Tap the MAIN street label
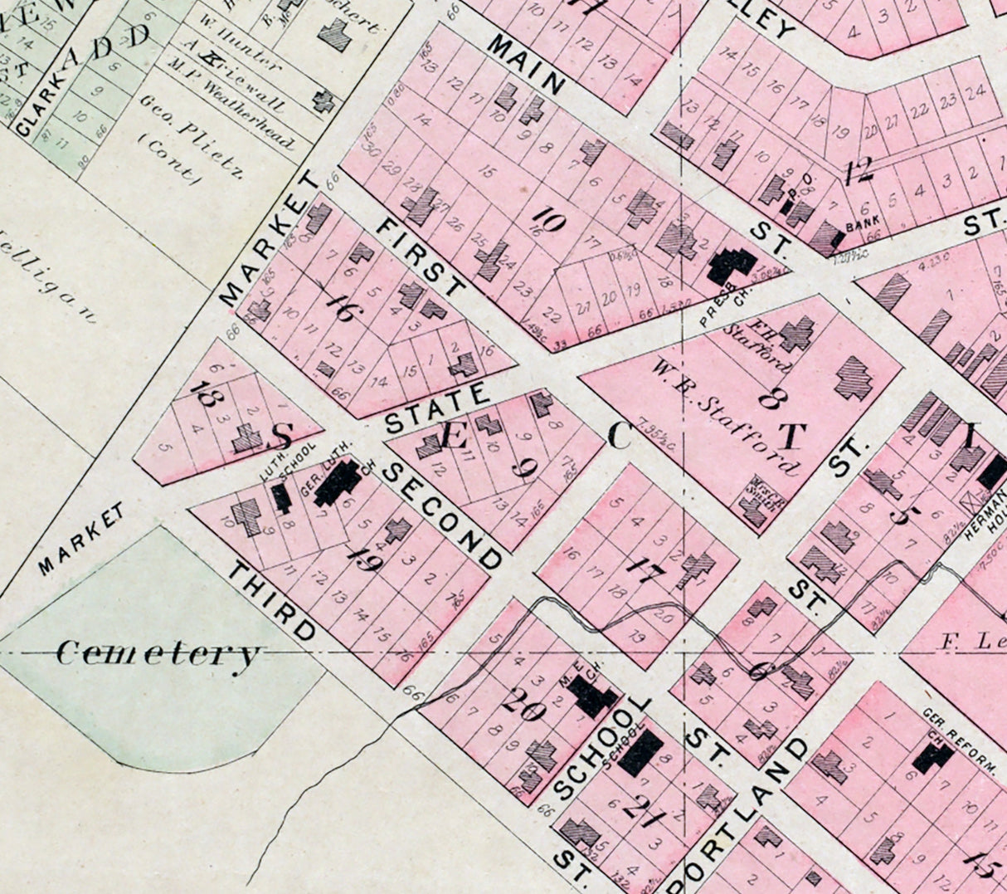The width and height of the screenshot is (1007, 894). (x=526, y=64)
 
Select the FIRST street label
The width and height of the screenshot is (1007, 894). (x=419, y=258)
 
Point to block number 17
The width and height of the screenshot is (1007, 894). (x=641, y=569)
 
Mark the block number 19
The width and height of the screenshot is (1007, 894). (x=365, y=563)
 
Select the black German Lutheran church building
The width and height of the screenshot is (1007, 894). (x=338, y=482)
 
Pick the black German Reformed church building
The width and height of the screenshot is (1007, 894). (x=932, y=758)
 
